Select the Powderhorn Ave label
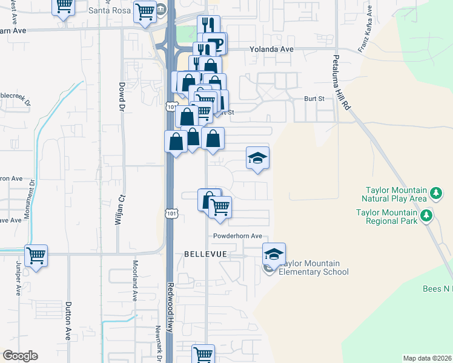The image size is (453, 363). coord(237,236)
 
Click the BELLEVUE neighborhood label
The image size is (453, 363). coord(205,255)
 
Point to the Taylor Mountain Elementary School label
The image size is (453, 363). coord(314,267)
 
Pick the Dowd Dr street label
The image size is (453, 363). coord(122,97)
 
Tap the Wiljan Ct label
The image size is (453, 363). coord(119,209)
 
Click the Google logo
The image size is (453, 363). coord(20,356)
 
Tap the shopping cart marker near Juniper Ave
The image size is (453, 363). coord(36,257)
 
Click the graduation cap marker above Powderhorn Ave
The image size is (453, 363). coord(258,158)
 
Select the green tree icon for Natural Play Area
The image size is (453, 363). coord(435,194)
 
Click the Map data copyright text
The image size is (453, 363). coord(427,358)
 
